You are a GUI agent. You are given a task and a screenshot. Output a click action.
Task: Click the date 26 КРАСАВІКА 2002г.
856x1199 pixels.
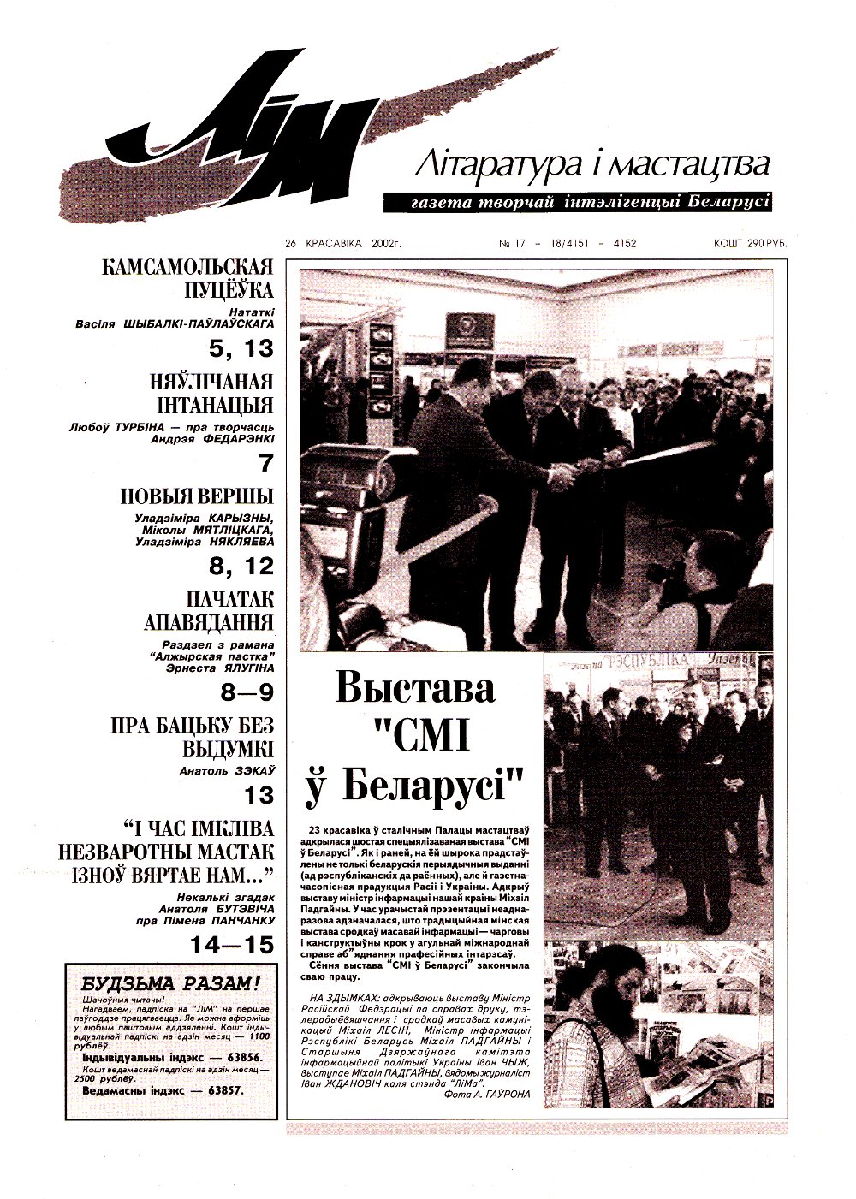coord(343,244)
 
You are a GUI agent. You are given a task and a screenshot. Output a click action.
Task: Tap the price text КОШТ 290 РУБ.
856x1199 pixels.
coord(750,244)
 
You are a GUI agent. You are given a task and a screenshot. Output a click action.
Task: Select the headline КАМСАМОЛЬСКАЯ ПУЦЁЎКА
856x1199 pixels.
coord(187,278)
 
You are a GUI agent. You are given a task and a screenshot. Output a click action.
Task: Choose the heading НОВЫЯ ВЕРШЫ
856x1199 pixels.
coord(197,496)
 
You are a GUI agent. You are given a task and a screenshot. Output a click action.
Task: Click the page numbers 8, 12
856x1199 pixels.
coord(242,566)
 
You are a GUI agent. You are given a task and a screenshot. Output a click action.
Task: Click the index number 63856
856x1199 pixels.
coord(242,1059)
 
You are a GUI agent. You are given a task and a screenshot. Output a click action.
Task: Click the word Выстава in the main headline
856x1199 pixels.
coord(414,690)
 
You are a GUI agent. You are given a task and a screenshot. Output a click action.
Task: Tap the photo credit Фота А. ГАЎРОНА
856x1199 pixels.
coord(488,1094)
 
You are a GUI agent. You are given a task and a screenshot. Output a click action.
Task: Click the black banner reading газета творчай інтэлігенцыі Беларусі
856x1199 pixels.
coord(578,203)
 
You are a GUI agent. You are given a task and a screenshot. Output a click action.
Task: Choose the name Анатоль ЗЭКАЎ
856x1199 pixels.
coord(227,770)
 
